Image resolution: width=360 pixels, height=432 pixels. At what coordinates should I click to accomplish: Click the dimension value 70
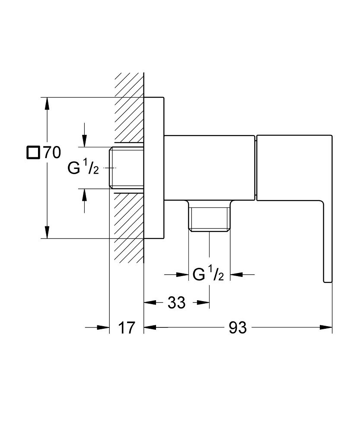(x=51, y=153)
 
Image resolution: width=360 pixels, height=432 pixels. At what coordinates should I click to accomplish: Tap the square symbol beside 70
(x=33, y=153)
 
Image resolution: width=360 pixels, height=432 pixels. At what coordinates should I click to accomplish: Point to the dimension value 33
(x=176, y=303)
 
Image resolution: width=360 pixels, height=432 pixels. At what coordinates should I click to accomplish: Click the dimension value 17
(x=127, y=328)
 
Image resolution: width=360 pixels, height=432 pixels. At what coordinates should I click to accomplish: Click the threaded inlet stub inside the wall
(x=127, y=168)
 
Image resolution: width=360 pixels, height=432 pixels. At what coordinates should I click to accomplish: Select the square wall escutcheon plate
(x=154, y=168)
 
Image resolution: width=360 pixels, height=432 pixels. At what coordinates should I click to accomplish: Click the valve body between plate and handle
(x=210, y=168)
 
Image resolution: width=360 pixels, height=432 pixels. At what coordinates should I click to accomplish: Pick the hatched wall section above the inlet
(x=129, y=108)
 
